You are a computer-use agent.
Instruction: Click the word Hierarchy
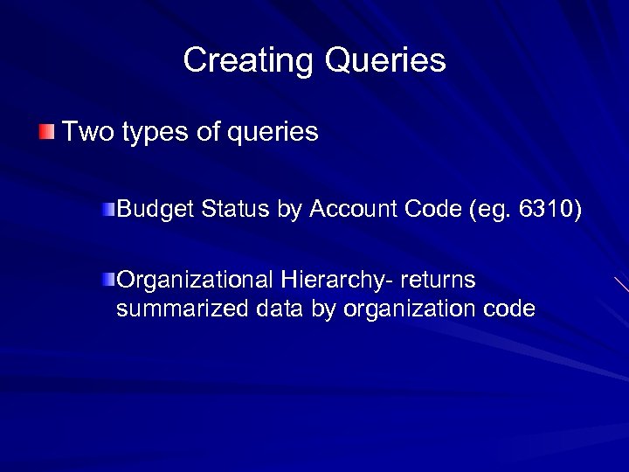pyautogui.click(x=336, y=281)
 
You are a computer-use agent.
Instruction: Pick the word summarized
pyautogui.click(x=183, y=309)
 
